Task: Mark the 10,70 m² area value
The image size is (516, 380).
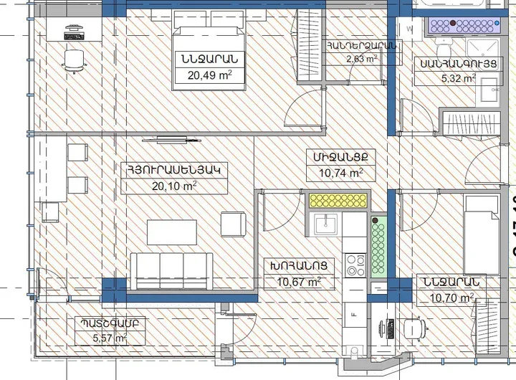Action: click(x=451, y=298)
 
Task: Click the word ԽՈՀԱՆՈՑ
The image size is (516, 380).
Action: click(x=299, y=266)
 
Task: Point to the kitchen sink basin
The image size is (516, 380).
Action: click(x=327, y=224)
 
